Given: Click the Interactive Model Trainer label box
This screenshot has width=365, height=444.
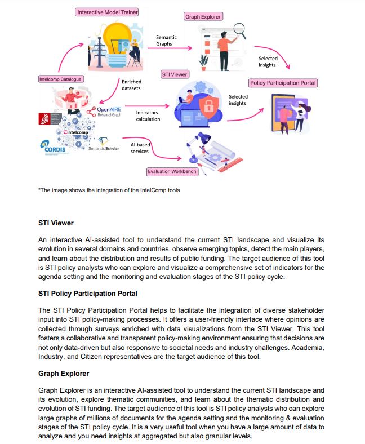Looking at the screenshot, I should pos(107,12).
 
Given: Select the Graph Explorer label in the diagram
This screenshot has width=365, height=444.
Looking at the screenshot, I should pos(203,17).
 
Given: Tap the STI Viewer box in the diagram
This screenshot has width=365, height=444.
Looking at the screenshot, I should pos(175,74).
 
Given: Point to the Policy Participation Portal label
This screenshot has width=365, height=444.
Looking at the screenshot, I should pos(283,83).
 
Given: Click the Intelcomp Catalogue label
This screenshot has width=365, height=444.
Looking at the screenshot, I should pos(60,79).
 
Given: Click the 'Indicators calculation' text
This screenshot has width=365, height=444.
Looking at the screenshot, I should pos(148,116).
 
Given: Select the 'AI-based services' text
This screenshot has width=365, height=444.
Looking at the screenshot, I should pos(139,148).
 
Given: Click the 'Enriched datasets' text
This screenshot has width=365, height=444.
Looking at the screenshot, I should pos(131,85).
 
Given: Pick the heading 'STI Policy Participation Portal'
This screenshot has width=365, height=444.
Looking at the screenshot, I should pos(87,294).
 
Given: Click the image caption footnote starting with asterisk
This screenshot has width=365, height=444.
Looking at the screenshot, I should pos(109,190).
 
